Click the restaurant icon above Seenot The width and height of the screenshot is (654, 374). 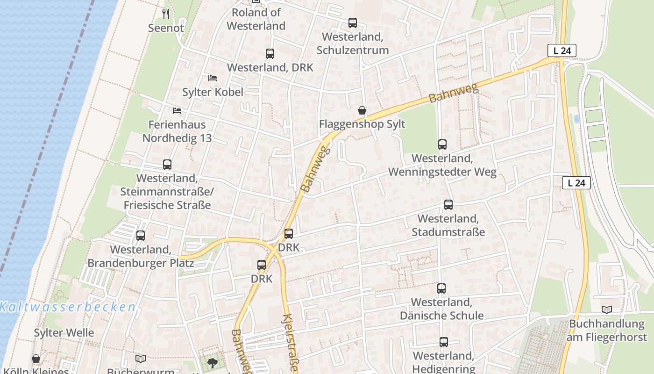(166, 14)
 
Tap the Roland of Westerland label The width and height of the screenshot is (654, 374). (256, 19)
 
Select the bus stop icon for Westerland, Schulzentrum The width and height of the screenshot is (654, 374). (353, 23)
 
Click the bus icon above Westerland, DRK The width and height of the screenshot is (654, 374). (270, 54)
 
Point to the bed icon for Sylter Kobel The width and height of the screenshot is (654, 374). (213, 78)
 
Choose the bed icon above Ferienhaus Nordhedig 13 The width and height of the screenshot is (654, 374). (177, 111)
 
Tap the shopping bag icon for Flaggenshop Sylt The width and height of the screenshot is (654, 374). (362, 110)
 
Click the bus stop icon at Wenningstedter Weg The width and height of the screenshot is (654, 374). (442, 144)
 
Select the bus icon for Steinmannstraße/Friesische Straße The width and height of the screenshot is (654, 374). (167, 165)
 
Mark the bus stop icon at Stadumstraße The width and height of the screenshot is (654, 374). (448, 205)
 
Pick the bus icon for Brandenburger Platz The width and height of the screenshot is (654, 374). (141, 236)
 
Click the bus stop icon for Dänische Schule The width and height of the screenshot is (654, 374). (441, 288)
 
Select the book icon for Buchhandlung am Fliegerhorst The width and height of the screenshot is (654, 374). (607, 309)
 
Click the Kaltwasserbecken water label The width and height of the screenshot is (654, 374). (68, 307)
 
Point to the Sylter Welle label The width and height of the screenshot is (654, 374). (64, 333)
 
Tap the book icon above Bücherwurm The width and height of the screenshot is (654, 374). (141, 359)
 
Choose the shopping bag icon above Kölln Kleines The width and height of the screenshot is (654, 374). (36, 359)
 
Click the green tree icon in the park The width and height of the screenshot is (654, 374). (213, 362)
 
